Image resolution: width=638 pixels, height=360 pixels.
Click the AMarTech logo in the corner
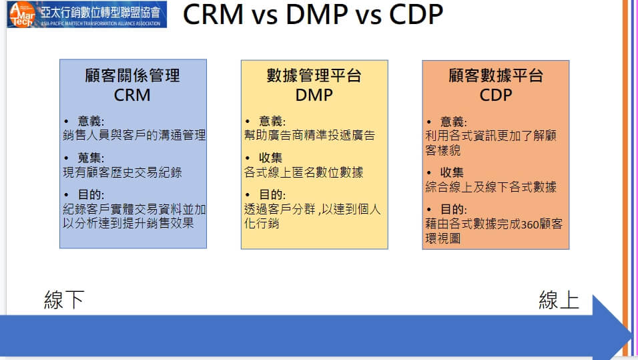coord(87,14)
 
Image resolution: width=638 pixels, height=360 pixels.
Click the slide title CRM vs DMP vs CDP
coord(313,15)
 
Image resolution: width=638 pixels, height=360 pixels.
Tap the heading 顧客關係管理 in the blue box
coord(132,75)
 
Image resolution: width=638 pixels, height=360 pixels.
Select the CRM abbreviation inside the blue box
coord(132,95)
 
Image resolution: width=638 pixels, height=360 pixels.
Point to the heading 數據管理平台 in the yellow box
coord(314,75)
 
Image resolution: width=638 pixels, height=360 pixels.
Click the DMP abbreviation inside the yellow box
coord(314,95)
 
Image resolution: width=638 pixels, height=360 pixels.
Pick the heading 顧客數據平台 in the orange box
coord(496,75)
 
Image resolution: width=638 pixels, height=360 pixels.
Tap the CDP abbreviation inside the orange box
coord(496,95)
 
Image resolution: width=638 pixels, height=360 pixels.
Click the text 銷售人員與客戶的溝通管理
coord(134,135)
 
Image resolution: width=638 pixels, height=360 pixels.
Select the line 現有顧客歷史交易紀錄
coord(123,172)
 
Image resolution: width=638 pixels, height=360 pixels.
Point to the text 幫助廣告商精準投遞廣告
coord(309,135)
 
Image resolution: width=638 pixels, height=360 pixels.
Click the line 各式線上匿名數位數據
coord(304,172)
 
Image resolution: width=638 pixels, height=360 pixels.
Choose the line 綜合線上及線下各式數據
coord(491,187)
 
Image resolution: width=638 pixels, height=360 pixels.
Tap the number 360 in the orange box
coord(530,224)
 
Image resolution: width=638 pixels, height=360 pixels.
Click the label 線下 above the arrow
coord(64,300)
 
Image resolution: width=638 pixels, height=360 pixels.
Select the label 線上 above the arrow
coord(559,300)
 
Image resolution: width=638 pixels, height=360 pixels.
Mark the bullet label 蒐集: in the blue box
coord(91,158)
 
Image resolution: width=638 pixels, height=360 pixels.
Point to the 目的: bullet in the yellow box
coord(272,194)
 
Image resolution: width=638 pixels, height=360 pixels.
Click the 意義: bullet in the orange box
coord(454,122)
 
